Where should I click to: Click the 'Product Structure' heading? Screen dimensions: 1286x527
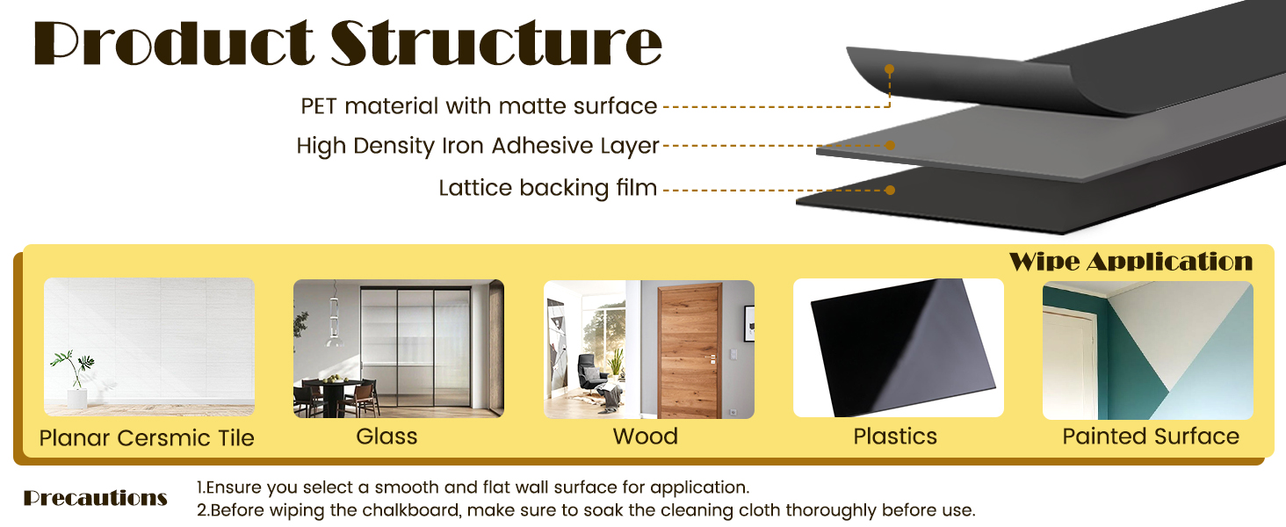[348, 42]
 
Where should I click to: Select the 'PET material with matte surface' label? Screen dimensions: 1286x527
[479, 106]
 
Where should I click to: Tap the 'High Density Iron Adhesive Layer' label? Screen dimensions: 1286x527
[478, 146]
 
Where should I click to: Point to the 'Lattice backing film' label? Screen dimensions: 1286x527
[548, 188]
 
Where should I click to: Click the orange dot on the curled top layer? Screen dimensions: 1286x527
[889, 69]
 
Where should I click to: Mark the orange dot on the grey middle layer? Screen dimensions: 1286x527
[890, 145]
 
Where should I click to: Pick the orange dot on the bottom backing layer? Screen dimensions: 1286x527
[890, 190]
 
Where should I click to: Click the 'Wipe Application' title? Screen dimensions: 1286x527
[1131, 262]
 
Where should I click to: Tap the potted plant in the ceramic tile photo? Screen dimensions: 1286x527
[75, 379]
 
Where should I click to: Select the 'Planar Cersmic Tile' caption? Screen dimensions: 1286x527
[147, 438]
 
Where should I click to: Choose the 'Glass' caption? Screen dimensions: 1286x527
[387, 437]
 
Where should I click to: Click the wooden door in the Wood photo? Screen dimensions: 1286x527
[689, 350]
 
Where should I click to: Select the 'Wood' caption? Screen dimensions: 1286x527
[646, 437]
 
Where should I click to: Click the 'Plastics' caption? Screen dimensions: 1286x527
[895, 437]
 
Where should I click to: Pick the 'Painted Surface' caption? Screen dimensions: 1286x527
[1151, 437]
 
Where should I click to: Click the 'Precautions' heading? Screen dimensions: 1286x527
[95, 498]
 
